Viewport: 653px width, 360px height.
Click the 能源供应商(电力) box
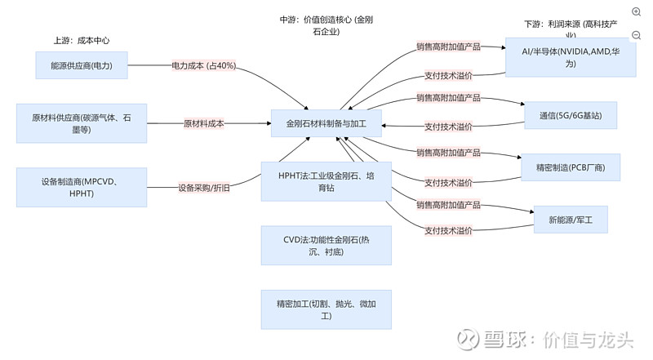pos(82,65)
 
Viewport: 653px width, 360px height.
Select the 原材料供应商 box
pos(82,123)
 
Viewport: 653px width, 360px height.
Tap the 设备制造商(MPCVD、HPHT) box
pos(82,187)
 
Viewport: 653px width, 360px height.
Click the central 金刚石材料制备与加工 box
pos(326,124)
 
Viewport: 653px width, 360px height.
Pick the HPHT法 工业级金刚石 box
pos(326,180)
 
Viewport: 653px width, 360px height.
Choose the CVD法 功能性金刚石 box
pos(326,246)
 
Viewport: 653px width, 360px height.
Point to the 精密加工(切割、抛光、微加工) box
pos(326,309)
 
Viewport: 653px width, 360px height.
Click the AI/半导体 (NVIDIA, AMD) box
pos(571,57)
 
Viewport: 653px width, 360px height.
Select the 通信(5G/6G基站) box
pos(571,115)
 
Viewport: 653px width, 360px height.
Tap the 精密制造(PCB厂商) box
pos(571,167)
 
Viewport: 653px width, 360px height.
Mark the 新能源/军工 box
pos(571,219)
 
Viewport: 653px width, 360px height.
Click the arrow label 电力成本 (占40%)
pos(203,65)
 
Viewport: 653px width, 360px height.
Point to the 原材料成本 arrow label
pos(203,123)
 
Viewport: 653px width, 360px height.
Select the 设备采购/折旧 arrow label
pos(203,188)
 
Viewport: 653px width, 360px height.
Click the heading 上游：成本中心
pos(82,40)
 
